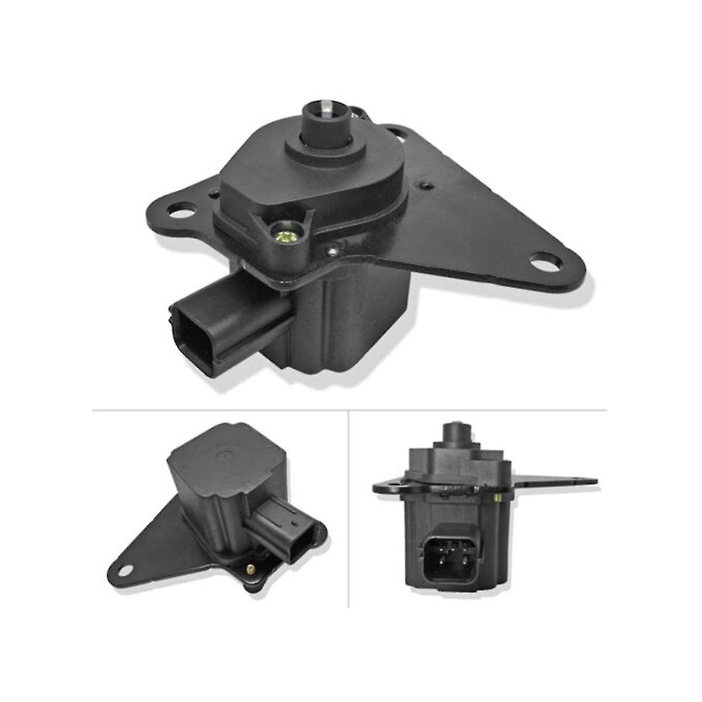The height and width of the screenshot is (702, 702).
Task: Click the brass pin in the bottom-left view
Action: tap(251, 568)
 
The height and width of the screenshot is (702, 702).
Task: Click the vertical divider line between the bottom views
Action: tap(349, 509)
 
